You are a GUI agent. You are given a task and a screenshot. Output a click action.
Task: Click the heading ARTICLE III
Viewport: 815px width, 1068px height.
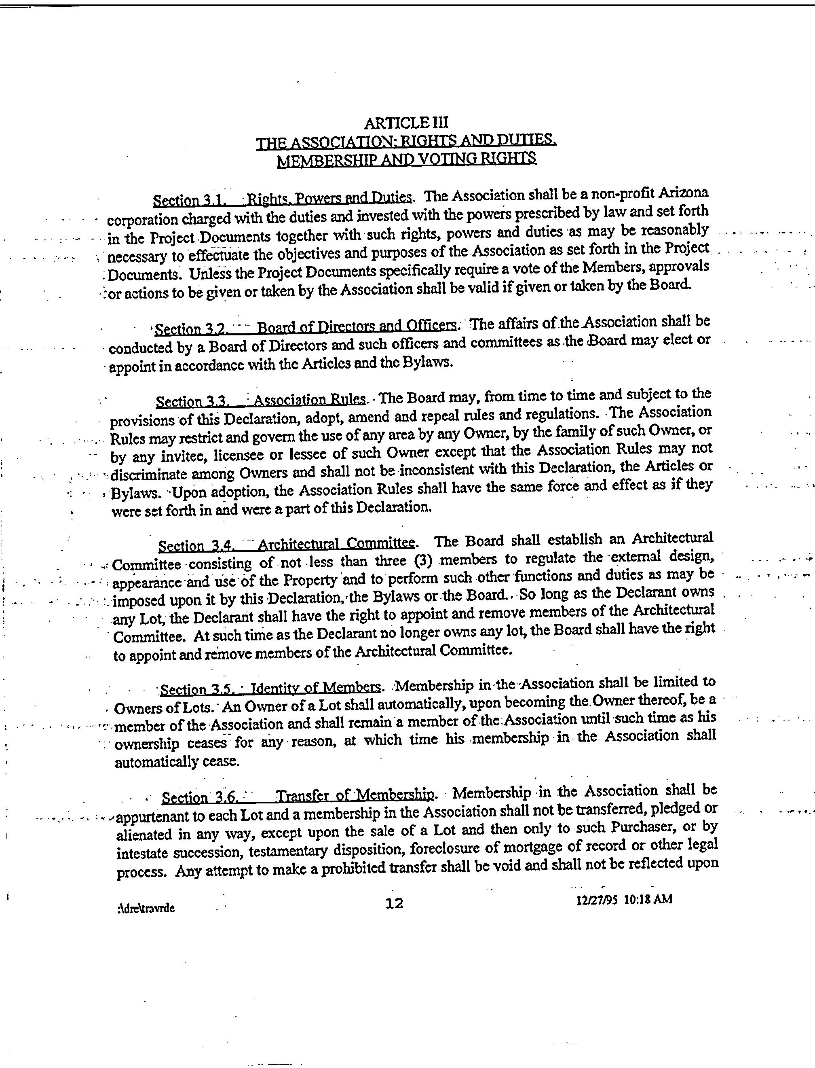407,122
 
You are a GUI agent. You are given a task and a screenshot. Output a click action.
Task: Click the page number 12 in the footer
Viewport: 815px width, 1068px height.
394,903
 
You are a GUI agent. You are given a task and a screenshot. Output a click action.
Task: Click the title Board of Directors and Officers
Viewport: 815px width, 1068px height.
356,325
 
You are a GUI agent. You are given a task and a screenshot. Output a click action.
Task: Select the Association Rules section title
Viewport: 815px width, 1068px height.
310,400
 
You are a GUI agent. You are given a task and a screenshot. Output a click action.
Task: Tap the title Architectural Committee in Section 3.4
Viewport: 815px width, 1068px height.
336,543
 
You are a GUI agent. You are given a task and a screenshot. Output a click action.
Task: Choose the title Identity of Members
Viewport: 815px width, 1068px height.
315,687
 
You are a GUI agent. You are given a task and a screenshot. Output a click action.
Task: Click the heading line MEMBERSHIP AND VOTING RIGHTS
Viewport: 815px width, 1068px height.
407,159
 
